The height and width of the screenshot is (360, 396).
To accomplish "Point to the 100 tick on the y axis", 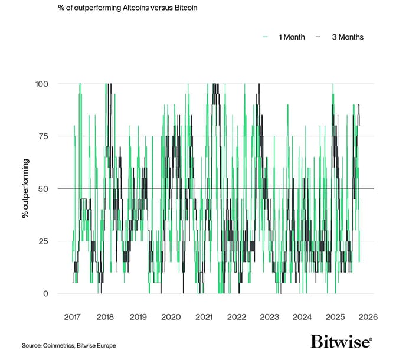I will (x=41, y=84).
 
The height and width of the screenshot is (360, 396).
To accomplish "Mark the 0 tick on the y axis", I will (x=45, y=293).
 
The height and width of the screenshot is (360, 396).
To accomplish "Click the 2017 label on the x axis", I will (x=72, y=316).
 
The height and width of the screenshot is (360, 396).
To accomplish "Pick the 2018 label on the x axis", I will (x=105, y=316).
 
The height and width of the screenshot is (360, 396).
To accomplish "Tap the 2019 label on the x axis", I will (x=138, y=316).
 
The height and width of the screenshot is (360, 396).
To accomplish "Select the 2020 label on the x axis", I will (x=171, y=316).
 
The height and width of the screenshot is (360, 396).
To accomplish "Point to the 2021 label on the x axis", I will (x=204, y=316).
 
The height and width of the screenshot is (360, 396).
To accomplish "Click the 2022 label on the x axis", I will (x=237, y=316).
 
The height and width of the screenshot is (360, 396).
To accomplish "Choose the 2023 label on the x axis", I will (x=270, y=316).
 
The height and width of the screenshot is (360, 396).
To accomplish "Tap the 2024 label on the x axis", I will (x=303, y=316).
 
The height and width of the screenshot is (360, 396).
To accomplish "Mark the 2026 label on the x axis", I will (x=368, y=316).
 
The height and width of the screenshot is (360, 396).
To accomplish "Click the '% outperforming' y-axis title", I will (x=25, y=188).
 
